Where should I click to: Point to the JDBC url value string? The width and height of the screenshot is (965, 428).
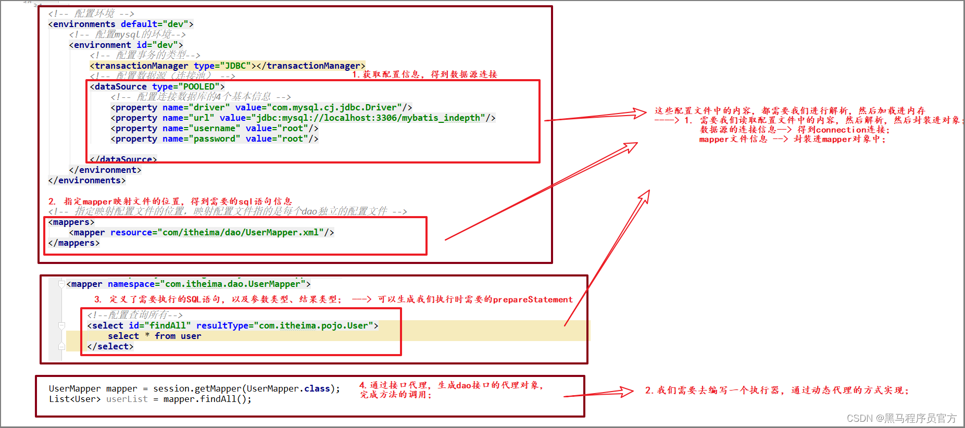(x=368, y=118)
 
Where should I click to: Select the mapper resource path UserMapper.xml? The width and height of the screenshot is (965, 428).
(x=243, y=232)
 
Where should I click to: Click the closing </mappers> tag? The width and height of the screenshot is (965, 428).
(x=73, y=243)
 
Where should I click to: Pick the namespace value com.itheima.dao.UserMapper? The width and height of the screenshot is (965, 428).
(x=233, y=284)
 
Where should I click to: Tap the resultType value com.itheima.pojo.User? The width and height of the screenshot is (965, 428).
(x=314, y=325)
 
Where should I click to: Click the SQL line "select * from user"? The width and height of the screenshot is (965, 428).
(x=154, y=336)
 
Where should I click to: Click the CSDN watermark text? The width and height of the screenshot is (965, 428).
(x=901, y=418)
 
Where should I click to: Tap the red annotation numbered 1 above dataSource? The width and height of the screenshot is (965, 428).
(x=424, y=74)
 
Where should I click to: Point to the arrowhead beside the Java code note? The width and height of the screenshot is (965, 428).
(x=625, y=392)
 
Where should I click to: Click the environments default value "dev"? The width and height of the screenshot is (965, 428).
(x=176, y=24)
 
